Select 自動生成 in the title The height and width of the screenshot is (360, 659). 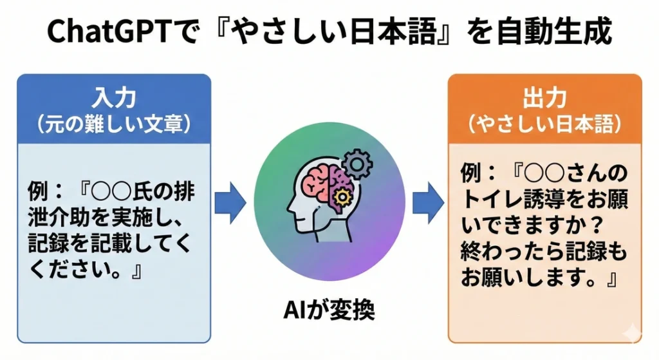(x=554, y=32)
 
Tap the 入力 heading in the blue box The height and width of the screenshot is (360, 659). (x=114, y=98)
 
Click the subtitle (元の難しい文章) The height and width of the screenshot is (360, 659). (x=114, y=124)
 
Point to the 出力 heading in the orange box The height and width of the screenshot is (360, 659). (x=544, y=98)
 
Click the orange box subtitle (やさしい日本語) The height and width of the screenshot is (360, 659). (x=544, y=124)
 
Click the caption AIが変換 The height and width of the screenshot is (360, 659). (x=329, y=311)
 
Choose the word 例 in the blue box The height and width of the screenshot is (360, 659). (x=38, y=192)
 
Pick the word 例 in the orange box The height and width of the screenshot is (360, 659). (x=471, y=173)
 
